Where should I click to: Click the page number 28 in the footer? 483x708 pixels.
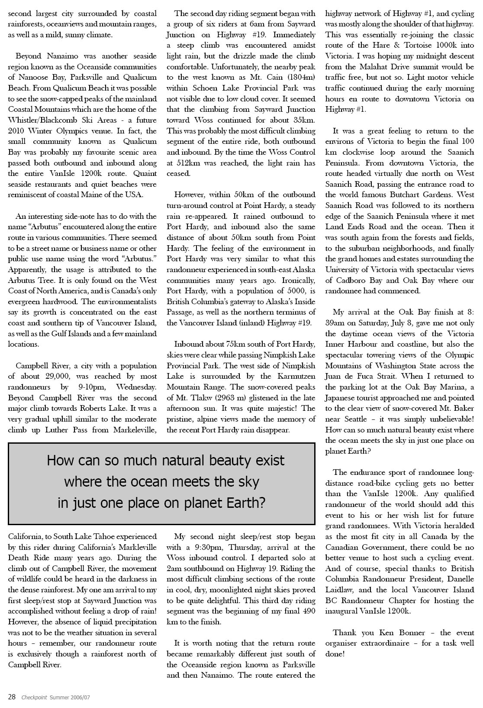(x=12, y=697)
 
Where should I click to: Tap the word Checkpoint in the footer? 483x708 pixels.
(x=33, y=698)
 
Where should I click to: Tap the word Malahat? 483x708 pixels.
(x=377, y=67)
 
